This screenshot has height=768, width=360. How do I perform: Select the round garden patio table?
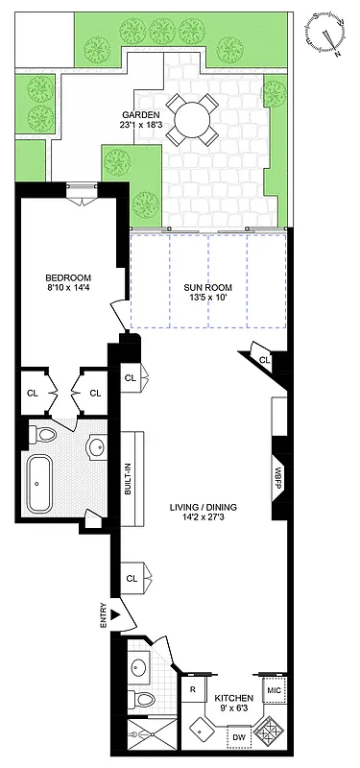pyautogui.click(x=191, y=120)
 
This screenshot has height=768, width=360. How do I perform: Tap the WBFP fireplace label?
pyautogui.click(x=279, y=476)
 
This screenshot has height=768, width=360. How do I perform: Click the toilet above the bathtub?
pyautogui.click(x=44, y=435)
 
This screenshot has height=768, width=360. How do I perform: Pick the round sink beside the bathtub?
pyautogui.click(x=95, y=447)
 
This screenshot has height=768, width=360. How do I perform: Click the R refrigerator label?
pyautogui.click(x=192, y=689)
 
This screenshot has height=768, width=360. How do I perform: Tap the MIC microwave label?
pyautogui.click(x=274, y=690)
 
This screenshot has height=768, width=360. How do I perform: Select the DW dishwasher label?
pyautogui.click(x=241, y=738)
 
